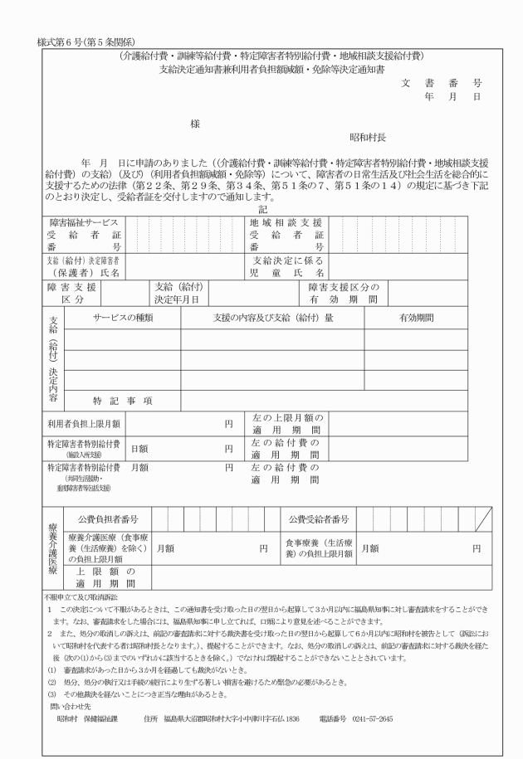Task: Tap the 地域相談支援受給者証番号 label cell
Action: (x=287, y=235)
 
